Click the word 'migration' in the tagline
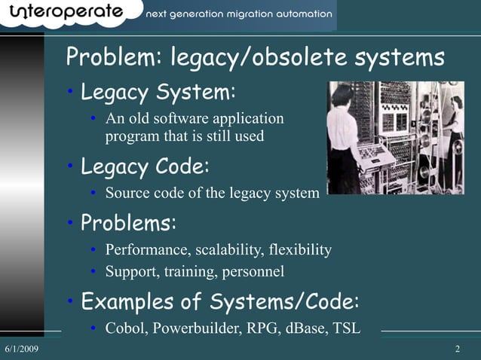(240, 14)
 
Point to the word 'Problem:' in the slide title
(115, 58)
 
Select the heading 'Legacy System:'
(158, 93)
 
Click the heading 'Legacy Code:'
(145, 165)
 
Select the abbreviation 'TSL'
(346, 329)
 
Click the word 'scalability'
(230, 250)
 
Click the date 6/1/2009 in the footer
(22, 350)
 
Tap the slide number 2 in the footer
(458, 350)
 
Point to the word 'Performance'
(146, 250)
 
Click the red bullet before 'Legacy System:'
(69, 93)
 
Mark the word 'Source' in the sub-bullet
(125, 194)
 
